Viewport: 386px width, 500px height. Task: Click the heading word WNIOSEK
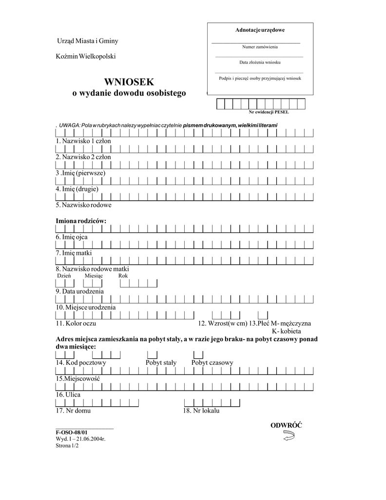coord(129,82)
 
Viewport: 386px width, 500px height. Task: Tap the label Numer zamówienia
coord(260,47)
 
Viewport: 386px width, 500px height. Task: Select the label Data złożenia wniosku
coord(260,62)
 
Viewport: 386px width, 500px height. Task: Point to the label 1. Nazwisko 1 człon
coord(83,141)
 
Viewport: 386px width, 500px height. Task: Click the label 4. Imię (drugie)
coord(77,188)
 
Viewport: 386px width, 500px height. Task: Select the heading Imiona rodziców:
coord(81,221)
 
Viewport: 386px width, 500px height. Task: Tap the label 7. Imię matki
coord(74,253)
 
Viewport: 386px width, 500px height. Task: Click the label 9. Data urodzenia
coord(80,291)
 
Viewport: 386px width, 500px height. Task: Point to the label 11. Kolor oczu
coord(76,323)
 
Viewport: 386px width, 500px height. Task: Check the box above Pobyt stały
coord(153,354)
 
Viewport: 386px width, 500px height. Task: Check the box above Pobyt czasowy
coord(198,354)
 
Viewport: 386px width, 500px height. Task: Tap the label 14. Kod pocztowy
coord(81,363)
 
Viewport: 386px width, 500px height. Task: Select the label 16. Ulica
coord(68,395)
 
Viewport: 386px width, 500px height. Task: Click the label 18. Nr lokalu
coord(201,411)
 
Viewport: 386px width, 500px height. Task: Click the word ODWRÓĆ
coord(286,425)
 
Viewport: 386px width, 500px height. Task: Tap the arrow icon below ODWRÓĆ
coord(288,437)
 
